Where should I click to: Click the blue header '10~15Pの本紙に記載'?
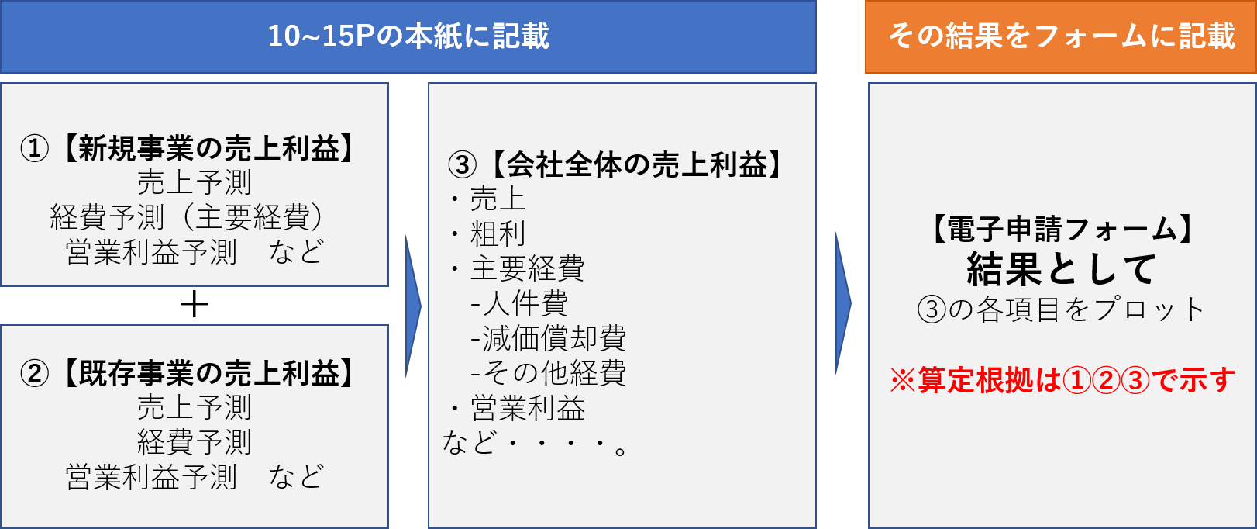pyautogui.click(x=408, y=36)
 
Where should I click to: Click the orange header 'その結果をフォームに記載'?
pyautogui.click(x=1061, y=36)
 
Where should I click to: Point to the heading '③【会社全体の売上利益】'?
pyautogui.click(x=616, y=164)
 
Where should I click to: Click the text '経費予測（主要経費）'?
pyautogui.click(x=187, y=217)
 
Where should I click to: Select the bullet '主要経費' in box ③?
pyautogui.click(x=527, y=268)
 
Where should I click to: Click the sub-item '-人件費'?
pyautogui.click(x=519, y=303)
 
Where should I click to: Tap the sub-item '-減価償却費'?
pyautogui.click(x=548, y=338)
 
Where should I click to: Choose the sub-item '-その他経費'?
pyautogui.click(x=548, y=373)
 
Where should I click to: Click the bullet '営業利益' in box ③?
pyautogui.click(x=527, y=408)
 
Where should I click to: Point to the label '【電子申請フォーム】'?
pyautogui.click(x=1061, y=230)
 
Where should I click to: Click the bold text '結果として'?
pyautogui.click(x=1061, y=269)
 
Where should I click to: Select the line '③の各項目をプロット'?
pyautogui.click(x=1061, y=309)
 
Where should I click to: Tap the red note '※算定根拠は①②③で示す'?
pyautogui.click(x=1062, y=380)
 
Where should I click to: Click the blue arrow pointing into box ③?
pyautogui.click(x=413, y=306)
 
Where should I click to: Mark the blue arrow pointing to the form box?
pyautogui.click(x=843, y=303)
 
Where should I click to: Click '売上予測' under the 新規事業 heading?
pyautogui.click(x=195, y=182)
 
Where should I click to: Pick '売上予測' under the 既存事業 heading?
pyautogui.click(x=195, y=407)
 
